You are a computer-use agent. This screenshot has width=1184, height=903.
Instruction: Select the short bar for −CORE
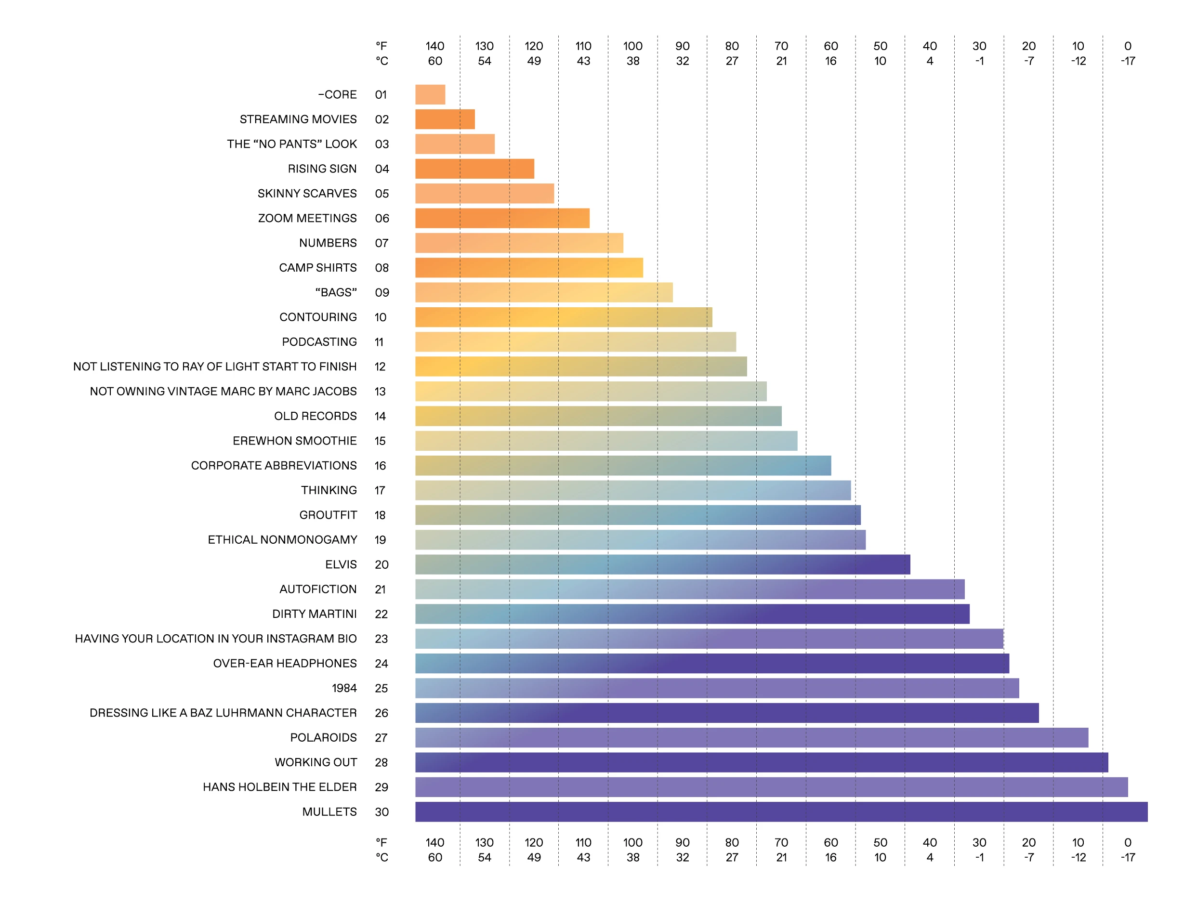(x=430, y=94)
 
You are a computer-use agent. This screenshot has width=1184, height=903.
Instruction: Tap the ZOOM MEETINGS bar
(x=502, y=218)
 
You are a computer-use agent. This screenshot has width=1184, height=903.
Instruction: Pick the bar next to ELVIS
(x=662, y=564)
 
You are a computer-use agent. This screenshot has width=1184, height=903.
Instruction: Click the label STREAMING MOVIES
(x=298, y=119)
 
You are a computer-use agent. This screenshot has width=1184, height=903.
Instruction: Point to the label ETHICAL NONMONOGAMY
(x=282, y=540)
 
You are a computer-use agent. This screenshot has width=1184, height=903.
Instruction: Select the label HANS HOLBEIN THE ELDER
(x=279, y=787)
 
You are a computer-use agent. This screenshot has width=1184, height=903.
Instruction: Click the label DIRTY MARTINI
(x=315, y=614)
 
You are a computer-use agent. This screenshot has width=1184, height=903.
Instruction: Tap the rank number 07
(x=382, y=243)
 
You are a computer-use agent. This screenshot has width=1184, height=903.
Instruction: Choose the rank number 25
(x=382, y=688)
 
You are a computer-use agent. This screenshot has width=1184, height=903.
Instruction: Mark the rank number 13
(x=381, y=391)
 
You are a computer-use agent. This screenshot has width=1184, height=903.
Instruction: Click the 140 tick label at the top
(x=435, y=46)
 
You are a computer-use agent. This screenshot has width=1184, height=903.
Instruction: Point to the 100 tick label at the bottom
(x=632, y=842)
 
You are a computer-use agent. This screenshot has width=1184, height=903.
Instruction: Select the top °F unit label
(x=382, y=46)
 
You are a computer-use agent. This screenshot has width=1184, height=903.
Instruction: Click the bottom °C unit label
(x=382, y=857)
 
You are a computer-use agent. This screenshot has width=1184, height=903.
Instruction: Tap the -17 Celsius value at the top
(x=1128, y=61)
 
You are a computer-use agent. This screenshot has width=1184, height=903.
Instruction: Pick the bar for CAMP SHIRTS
(x=529, y=268)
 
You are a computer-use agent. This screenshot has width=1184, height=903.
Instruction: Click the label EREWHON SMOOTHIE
(x=294, y=441)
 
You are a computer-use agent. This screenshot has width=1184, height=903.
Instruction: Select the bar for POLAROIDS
(x=751, y=737)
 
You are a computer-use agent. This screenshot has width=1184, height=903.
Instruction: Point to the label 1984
(x=344, y=688)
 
